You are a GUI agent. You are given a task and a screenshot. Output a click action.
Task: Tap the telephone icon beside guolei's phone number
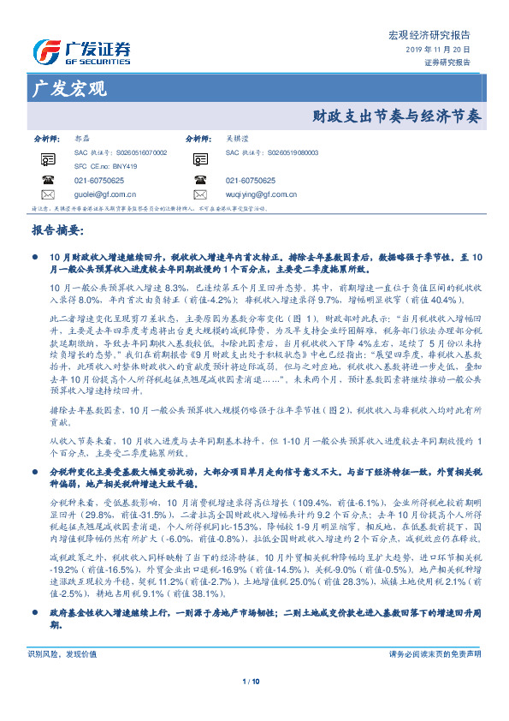[x=47, y=181]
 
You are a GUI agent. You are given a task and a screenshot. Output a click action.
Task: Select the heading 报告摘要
[x=57, y=230]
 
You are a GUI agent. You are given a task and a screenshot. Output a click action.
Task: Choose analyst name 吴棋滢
[x=238, y=137]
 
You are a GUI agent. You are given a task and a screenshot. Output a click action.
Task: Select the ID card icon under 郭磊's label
[x=47, y=158]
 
